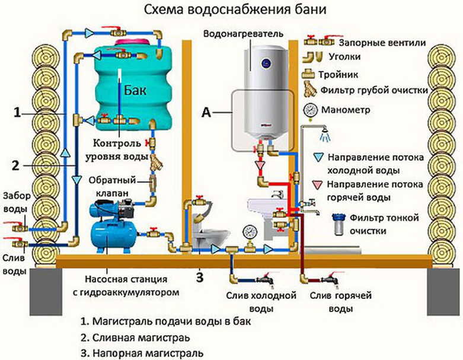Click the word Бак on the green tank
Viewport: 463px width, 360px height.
tap(135, 90)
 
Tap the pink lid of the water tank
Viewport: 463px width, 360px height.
tap(132, 42)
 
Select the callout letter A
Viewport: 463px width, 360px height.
tap(206, 112)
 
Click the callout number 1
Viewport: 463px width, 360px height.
tap(18, 113)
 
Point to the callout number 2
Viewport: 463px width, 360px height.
tap(15, 165)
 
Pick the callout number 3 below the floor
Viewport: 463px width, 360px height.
tap(200, 277)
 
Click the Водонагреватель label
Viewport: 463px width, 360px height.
tap(243, 33)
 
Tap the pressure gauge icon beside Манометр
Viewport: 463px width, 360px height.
tap(310, 111)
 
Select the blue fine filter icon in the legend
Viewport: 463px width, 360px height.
tap(339, 224)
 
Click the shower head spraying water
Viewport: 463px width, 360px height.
tap(325, 133)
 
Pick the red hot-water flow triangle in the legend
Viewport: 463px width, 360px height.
tap(317, 184)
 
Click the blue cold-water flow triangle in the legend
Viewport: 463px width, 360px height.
tap(318, 157)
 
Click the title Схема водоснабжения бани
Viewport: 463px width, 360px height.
tap(235, 9)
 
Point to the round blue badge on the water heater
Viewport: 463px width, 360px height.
tap(266, 63)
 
